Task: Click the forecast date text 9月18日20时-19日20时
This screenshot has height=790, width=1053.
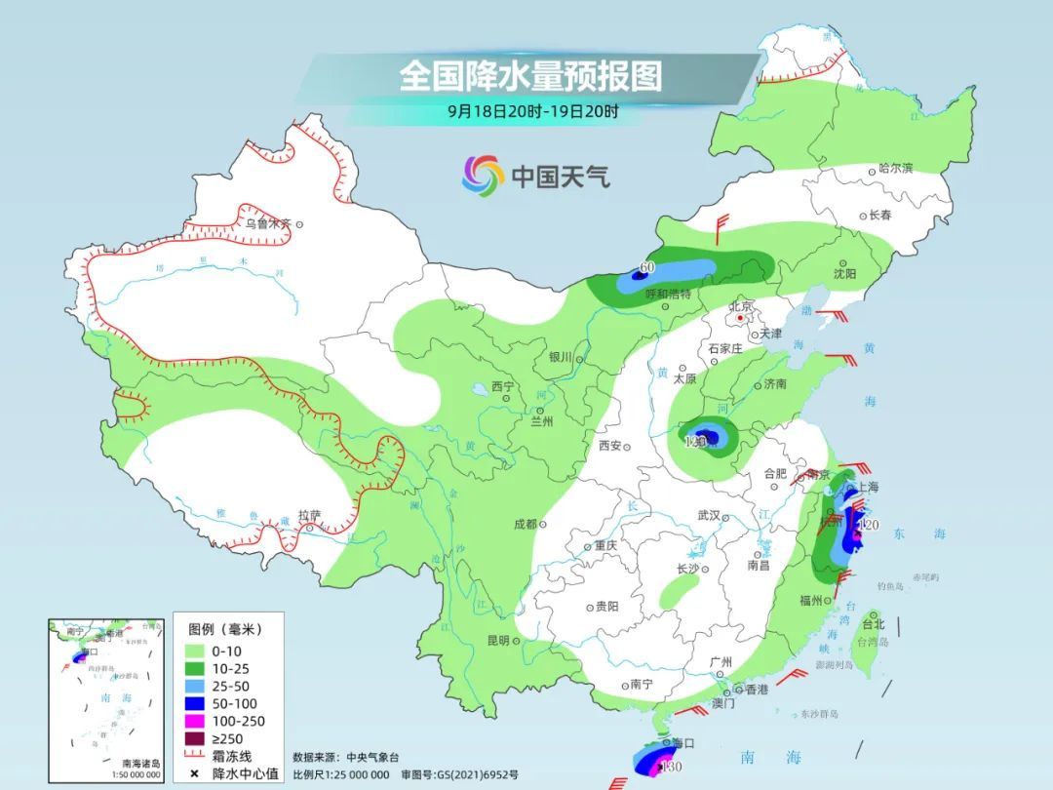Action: coord(532,111)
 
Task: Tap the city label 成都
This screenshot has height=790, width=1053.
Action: coord(525,524)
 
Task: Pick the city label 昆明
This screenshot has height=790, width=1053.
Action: coord(497,640)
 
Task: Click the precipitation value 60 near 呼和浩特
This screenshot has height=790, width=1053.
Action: coord(646,267)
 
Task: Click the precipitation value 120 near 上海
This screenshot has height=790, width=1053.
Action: coord(871,526)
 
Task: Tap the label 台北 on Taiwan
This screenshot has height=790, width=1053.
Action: coord(873,623)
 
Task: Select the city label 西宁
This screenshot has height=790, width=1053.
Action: coord(502,386)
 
